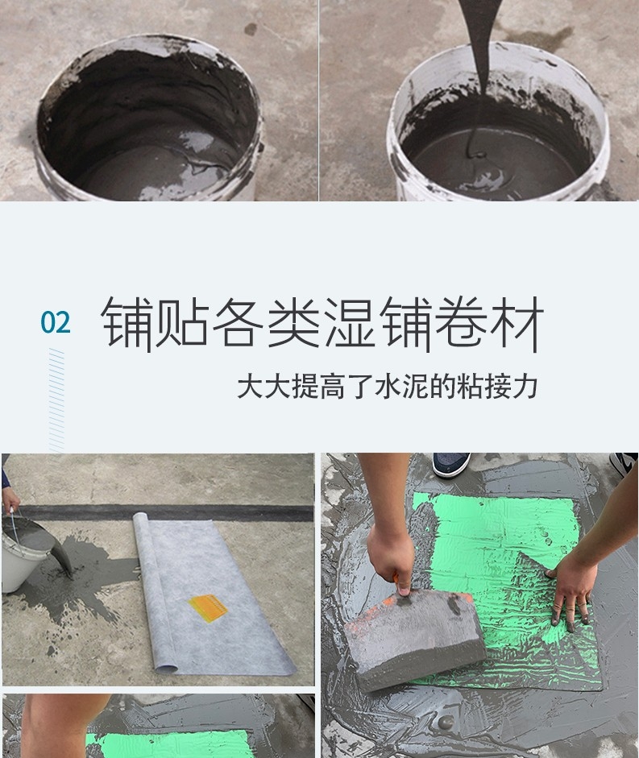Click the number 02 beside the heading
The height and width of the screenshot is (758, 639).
pyautogui.click(x=56, y=322)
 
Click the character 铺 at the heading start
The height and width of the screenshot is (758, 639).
pyautogui.click(x=127, y=323)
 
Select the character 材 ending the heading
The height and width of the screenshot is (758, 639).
pyautogui.click(x=517, y=323)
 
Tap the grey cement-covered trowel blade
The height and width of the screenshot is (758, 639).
pyautogui.click(x=414, y=633)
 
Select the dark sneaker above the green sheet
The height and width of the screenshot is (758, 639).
pyautogui.click(x=450, y=465)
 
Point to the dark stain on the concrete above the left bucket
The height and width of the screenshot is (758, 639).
pyautogui.click(x=251, y=29)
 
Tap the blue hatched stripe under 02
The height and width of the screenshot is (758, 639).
pyautogui.click(x=56, y=400)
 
